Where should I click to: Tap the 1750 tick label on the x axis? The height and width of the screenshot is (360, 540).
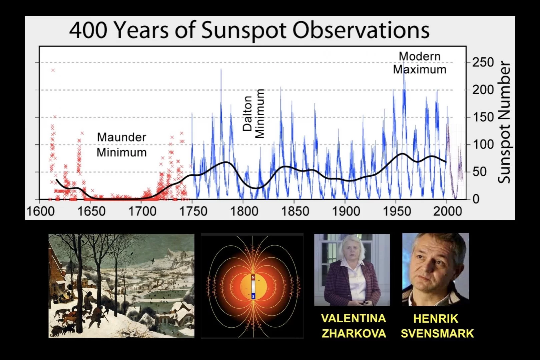(193, 211)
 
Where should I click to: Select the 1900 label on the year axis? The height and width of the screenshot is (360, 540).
(346, 211)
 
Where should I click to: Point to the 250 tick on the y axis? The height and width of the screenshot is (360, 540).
(483, 62)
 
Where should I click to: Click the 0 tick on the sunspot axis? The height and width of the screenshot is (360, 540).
(476, 199)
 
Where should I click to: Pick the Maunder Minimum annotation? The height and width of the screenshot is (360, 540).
(122, 145)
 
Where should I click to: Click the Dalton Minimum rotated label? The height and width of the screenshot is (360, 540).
(253, 113)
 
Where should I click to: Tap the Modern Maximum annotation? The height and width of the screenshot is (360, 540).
(420, 63)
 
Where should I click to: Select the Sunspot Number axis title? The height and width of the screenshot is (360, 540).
(504, 122)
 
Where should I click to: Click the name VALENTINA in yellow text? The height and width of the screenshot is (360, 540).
(353, 318)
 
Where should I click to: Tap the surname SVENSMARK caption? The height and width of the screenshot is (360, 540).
(437, 333)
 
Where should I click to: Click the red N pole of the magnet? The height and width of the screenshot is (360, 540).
(253, 277)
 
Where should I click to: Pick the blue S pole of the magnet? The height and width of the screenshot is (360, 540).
(253, 296)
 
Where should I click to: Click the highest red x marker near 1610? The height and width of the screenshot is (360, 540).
(53, 70)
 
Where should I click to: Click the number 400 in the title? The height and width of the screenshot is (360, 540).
(88, 30)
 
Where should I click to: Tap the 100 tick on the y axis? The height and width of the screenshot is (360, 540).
(483, 144)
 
